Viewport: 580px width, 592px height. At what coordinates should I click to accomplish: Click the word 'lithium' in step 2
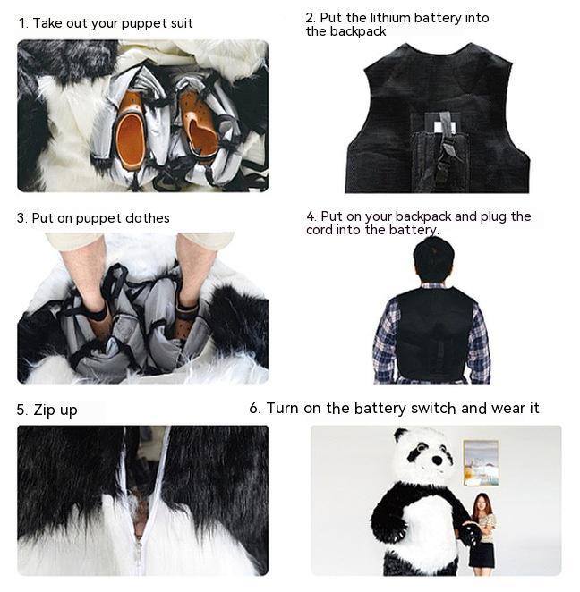(x=390, y=18)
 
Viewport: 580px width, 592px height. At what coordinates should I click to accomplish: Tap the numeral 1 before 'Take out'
(x=22, y=23)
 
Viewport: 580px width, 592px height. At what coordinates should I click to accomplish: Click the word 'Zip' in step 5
(x=44, y=410)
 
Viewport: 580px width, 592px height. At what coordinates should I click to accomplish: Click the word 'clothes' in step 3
(x=148, y=218)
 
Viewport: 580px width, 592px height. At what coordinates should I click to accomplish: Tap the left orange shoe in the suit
(x=131, y=131)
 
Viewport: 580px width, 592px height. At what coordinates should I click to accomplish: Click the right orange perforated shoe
(x=200, y=124)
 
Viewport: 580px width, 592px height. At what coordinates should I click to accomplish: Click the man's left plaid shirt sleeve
(x=385, y=342)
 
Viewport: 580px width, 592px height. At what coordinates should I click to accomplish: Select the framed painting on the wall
(x=481, y=462)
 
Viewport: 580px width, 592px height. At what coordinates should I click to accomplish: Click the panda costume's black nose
(x=437, y=461)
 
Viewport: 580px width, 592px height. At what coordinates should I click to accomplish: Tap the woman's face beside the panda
(x=481, y=503)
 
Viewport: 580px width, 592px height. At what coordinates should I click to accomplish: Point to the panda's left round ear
(x=400, y=436)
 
